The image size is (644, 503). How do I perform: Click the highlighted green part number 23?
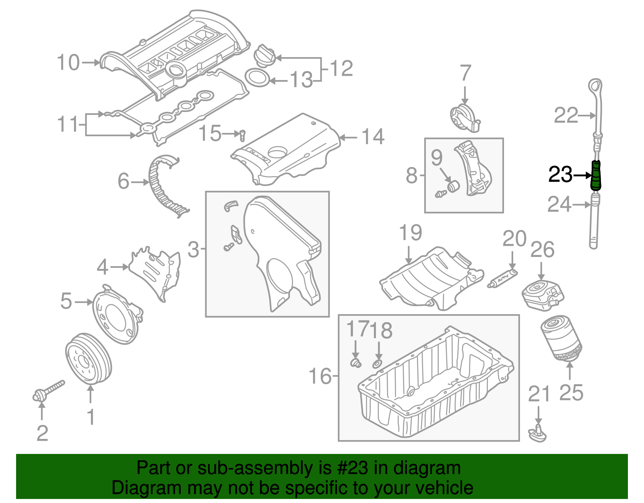[x=596, y=175]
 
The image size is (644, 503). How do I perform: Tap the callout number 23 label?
[x=560, y=175]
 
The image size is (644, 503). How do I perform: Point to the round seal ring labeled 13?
[x=257, y=78]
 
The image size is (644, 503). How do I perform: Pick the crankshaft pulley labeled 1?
[x=88, y=359]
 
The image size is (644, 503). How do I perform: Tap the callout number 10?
[x=68, y=63]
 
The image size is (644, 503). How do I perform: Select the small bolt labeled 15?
[x=242, y=135]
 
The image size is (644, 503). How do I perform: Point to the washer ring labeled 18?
[x=377, y=364]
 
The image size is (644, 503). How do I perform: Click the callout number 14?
[x=373, y=137]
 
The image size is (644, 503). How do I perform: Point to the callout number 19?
[x=410, y=233]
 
